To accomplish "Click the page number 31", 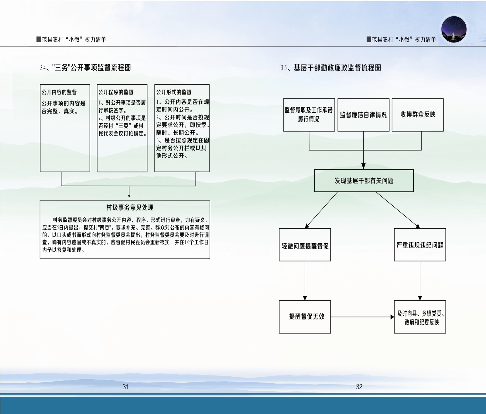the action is (125, 387).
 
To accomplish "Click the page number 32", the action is (359, 387).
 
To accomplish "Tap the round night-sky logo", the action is (454, 29).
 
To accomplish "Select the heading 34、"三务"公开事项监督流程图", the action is (85, 68).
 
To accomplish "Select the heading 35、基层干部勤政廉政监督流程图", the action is (331, 68).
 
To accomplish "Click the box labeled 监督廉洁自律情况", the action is (363, 115).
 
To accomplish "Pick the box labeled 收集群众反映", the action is (418, 115).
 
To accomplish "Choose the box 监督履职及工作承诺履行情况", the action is (309, 115).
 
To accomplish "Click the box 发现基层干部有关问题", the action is (364, 181).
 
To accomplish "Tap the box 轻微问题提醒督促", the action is (305, 245).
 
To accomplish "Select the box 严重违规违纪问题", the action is (420, 245).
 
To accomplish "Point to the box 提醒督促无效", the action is (305, 317).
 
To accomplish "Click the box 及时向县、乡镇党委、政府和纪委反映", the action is (420, 317).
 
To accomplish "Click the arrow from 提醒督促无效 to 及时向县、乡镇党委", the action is (362, 317).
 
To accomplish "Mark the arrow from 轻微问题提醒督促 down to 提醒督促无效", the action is (305, 281).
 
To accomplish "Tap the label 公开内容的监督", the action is (59, 92).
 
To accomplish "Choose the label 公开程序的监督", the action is (116, 92).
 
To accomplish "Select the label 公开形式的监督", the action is (174, 92).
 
